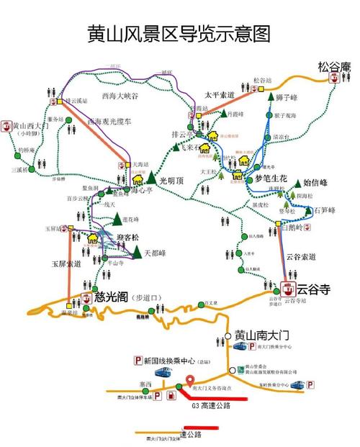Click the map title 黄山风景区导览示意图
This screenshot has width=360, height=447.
coord(179,34)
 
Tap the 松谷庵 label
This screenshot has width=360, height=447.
coord(333,67)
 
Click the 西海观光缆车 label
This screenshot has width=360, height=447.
coord(110,123)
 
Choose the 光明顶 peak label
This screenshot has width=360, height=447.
coord(173,181)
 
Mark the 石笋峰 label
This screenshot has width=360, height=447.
coord(326,210)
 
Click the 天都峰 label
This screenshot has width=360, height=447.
coord(156,253)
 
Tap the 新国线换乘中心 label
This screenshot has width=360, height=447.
coord(173,360)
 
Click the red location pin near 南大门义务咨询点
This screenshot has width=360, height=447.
coord(190,381)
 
